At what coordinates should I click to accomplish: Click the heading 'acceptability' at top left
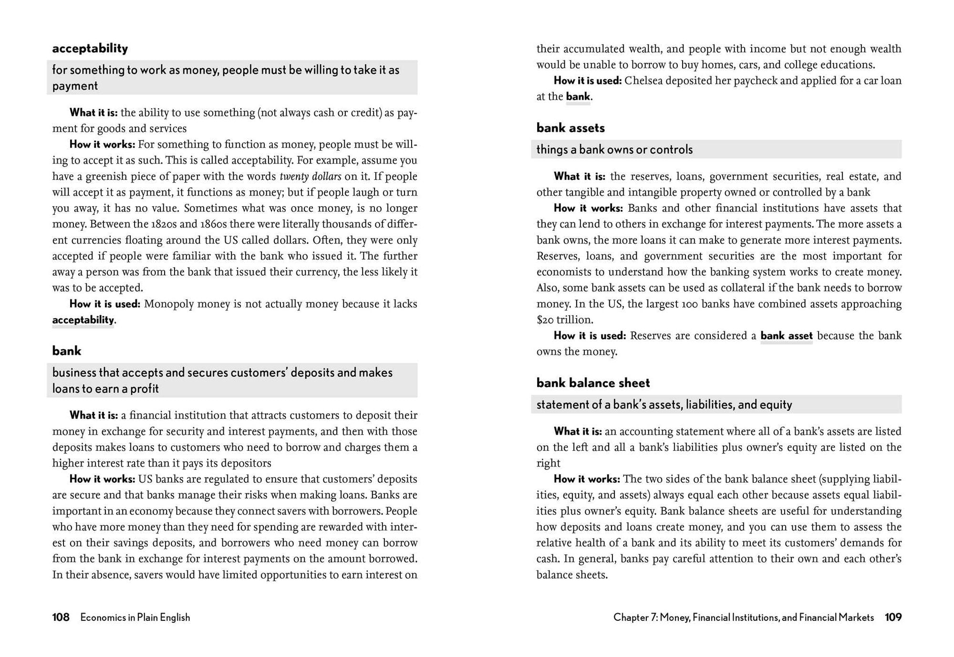tap(90, 48)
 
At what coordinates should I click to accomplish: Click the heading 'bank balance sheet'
tap(593, 383)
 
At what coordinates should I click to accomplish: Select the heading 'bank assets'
tap(570, 128)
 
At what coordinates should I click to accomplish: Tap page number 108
tap(61, 617)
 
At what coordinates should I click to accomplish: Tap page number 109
tap(893, 617)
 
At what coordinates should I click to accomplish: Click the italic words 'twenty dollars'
tap(310, 177)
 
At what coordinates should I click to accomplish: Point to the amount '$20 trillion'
tap(564, 320)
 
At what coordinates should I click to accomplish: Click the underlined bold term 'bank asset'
tap(786, 336)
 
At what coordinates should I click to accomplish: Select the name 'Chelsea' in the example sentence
tap(644, 81)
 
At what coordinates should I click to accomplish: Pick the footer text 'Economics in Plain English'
tap(135, 617)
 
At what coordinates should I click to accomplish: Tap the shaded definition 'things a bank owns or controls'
tap(614, 150)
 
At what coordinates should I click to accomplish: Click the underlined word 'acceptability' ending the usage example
tap(83, 320)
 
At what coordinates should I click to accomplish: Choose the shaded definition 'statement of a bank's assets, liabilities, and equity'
tap(664, 405)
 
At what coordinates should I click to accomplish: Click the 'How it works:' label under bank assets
tap(588, 209)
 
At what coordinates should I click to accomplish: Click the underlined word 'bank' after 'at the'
tap(578, 97)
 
